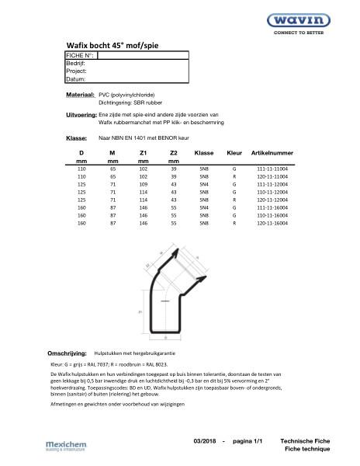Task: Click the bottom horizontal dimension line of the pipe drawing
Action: tap(172, 339)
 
